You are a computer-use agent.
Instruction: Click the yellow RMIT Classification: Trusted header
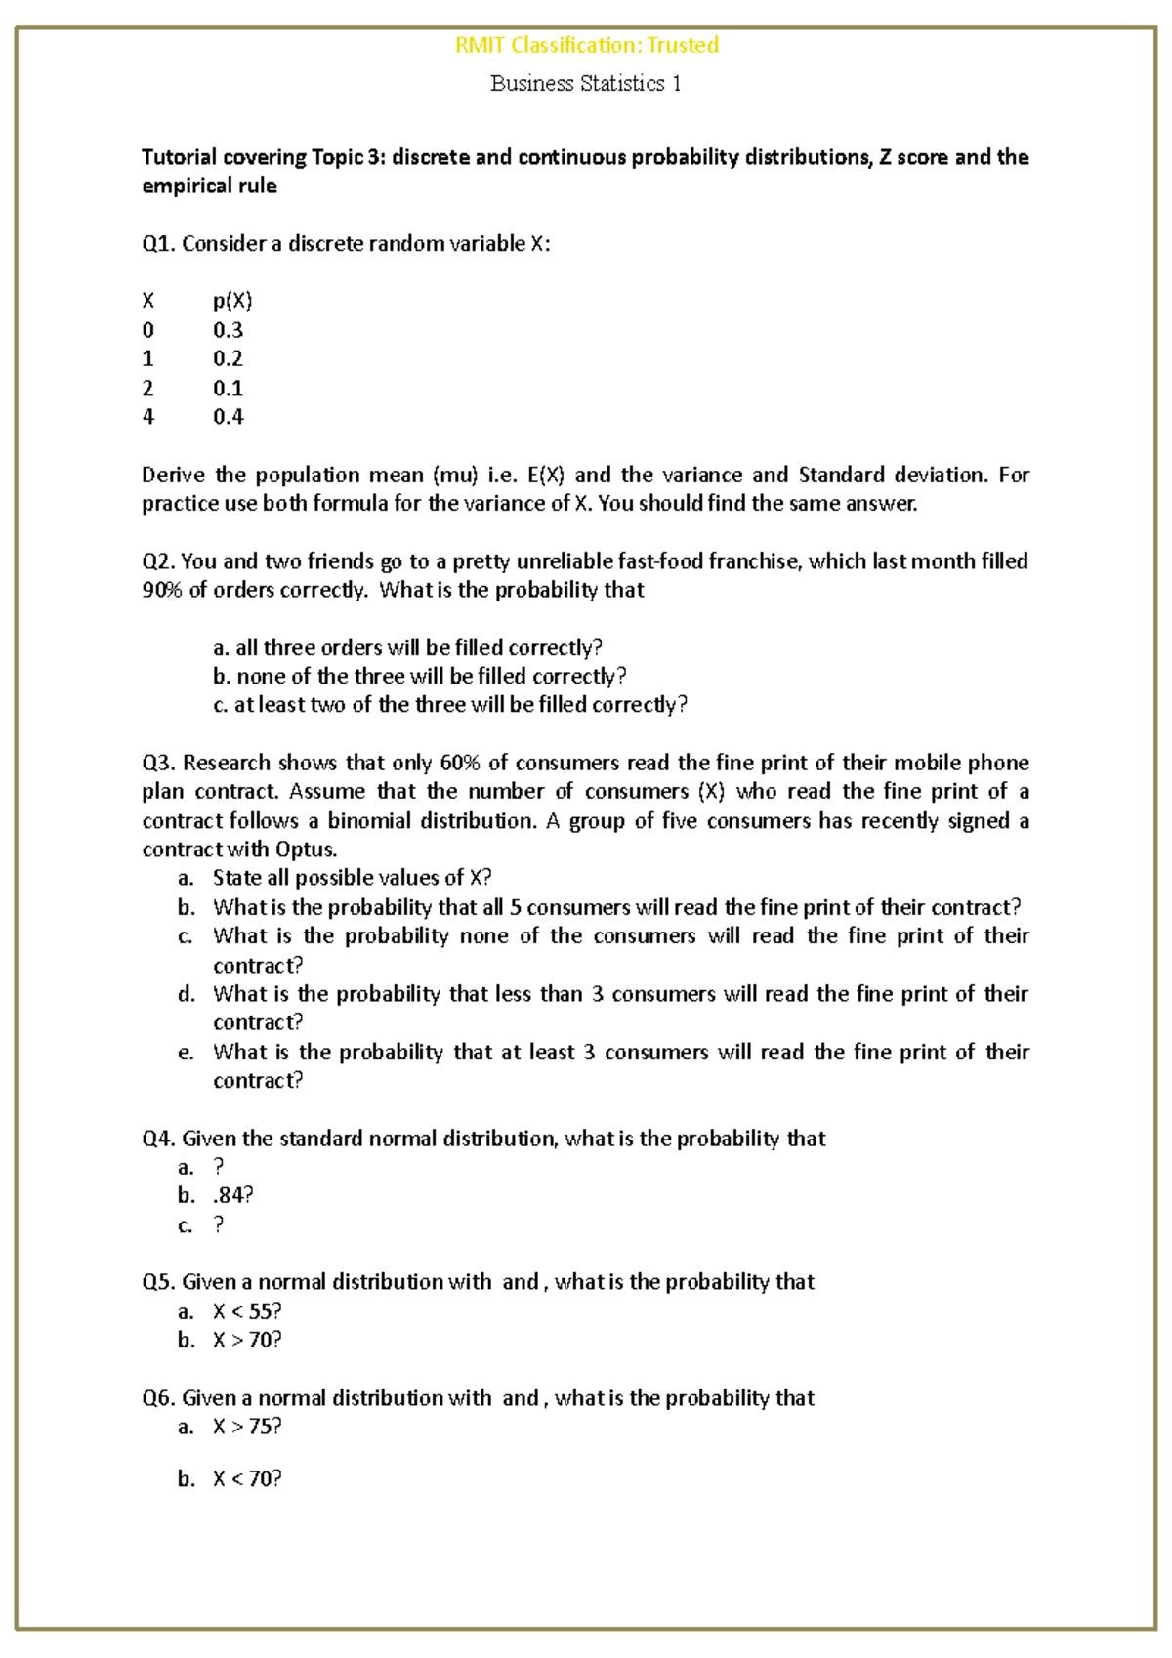pos(586,45)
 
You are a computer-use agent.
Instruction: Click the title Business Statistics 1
pos(585,84)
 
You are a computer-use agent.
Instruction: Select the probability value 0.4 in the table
pos(228,417)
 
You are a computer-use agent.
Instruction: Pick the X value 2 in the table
pos(148,389)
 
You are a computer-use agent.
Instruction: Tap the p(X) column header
pos(232,301)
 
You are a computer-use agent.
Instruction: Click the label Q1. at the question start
pos(158,244)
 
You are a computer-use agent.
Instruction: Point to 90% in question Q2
pos(161,590)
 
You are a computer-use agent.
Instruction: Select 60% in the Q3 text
pos(459,763)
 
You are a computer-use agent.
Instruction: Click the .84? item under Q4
pos(232,1196)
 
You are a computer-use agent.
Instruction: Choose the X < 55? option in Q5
pos(247,1311)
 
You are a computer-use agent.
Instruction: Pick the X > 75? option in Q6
pos(247,1427)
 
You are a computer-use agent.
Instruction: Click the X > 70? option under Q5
pos(247,1340)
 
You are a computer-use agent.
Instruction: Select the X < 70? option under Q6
pos(247,1479)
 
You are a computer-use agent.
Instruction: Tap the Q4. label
pos(158,1139)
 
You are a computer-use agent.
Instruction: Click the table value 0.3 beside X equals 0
pos(228,330)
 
